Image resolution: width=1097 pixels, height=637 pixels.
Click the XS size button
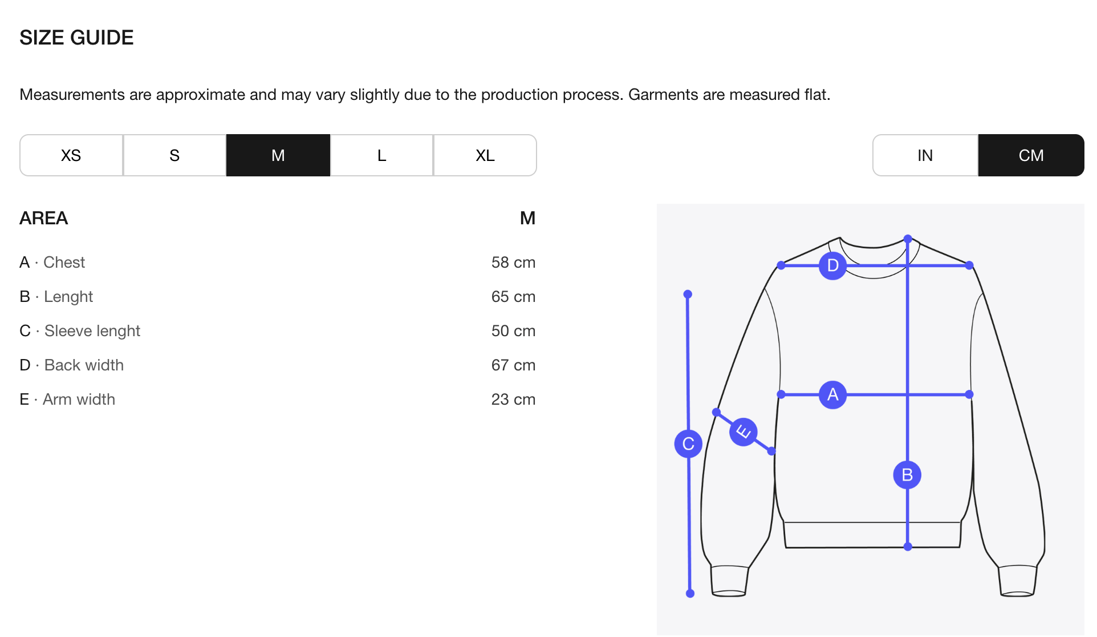pyautogui.click(x=71, y=155)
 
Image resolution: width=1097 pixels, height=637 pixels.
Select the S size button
pyautogui.click(x=174, y=155)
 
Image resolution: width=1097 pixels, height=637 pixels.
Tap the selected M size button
pyautogui.click(x=278, y=155)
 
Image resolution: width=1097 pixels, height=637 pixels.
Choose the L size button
pyautogui.click(x=381, y=155)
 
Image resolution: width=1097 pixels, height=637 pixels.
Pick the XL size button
pyautogui.click(x=485, y=155)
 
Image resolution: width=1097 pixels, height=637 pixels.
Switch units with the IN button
pyautogui.click(x=925, y=155)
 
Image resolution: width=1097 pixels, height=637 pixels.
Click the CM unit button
pyautogui.click(x=1031, y=155)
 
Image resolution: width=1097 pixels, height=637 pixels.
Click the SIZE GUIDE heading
pyautogui.click(x=76, y=38)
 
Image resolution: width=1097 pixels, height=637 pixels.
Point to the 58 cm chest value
pyautogui.click(x=513, y=263)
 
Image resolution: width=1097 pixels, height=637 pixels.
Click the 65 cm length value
pyautogui.click(x=513, y=297)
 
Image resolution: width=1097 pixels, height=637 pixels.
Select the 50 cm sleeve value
pyautogui.click(x=513, y=331)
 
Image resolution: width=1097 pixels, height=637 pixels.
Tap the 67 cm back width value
pyautogui.click(x=513, y=365)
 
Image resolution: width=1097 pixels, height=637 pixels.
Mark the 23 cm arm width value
pyautogui.click(x=513, y=400)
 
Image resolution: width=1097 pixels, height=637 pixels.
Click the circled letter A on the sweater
pyautogui.click(x=832, y=394)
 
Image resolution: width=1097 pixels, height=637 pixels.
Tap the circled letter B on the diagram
pyautogui.click(x=907, y=475)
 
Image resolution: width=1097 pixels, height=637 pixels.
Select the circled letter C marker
pyautogui.click(x=688, y=444)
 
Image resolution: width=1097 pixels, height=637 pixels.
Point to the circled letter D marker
pyautogui.click(x=832, y=265)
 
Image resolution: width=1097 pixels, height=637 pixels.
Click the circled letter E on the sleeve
pyautogui.click(x=743, y=432)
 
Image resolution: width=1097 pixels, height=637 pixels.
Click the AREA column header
pyautogui.click(x=44, y=218)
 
